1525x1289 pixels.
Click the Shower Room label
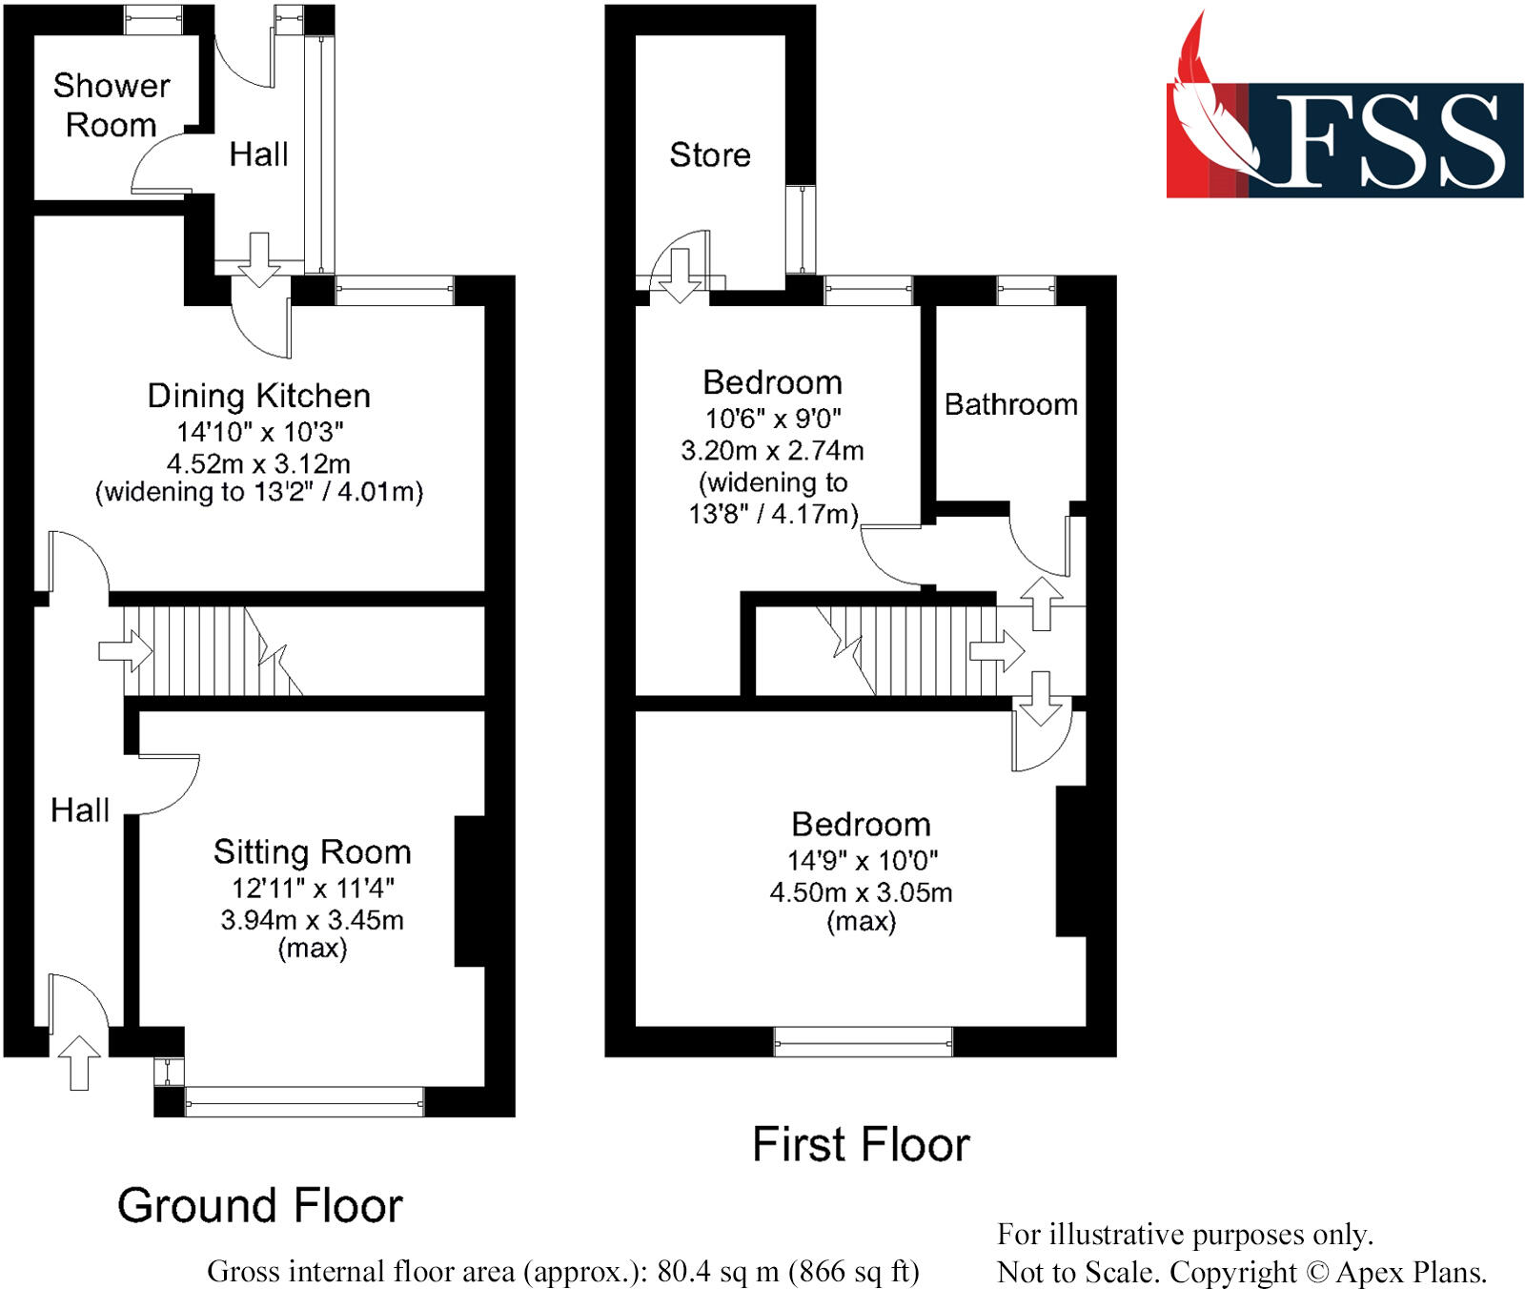[x=112, y=105]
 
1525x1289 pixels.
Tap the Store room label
[x=710, y=154]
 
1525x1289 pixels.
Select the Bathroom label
[x=1011, y=404]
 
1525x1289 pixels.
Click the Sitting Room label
[x=313, y=851]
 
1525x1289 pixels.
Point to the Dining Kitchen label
[x=258, y=396]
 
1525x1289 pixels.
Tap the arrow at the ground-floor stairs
[x=125, y=652]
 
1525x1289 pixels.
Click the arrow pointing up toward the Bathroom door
[x=1041, y=604]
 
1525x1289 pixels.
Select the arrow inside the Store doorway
[x=680, y=276]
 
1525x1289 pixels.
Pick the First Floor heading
[x=862, y=1144]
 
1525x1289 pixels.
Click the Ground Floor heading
[x=260, y=1205]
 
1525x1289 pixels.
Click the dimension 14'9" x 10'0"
[x=862, y=860]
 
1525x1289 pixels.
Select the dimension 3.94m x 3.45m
[x=313, y=920]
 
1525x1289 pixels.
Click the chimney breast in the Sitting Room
[x=470, y=891]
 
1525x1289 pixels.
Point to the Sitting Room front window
[x=305, y=1102]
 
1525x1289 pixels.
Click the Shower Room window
[x=153, y=20]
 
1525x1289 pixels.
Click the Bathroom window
[x=1027, y=291]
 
